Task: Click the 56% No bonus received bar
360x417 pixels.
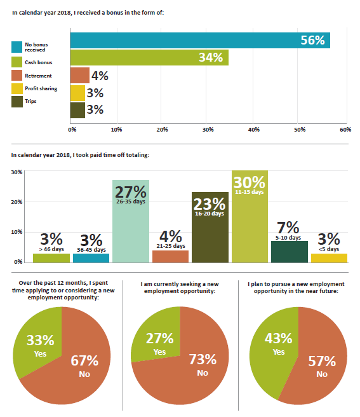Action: coord(200,41)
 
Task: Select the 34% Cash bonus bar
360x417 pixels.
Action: coord(149,57)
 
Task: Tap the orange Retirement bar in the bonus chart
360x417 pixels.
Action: coord(80,75)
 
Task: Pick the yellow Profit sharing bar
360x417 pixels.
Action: coord(77,93)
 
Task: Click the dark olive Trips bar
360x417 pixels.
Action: coord(77,110)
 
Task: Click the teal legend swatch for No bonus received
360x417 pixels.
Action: coord(17,47)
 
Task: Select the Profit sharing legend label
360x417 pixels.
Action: coord(41,88)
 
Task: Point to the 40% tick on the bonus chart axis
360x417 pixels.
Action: coord(254,130)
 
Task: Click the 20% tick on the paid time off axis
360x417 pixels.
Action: coord(17,202)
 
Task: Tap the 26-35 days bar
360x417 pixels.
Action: coord(131,221)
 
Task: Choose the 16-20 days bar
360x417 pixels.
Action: coord(210,228)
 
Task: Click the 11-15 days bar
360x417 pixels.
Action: coord(250,217)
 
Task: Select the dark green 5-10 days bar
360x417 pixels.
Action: coord(290,252)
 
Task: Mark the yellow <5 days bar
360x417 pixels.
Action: coord(329,258)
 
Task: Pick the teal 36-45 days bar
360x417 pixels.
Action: coord(91,258)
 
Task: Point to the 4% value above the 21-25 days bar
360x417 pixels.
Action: coord(171,236)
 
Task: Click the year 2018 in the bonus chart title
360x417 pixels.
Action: coord(65,13)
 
